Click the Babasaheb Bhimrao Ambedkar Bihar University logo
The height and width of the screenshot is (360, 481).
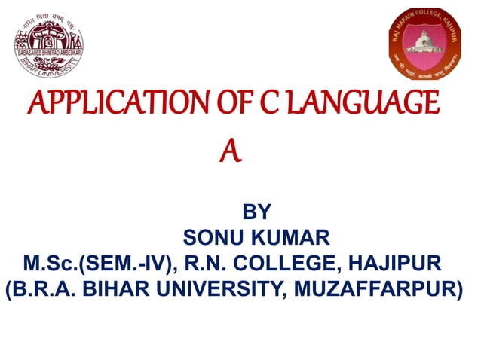click(x=50, y=42)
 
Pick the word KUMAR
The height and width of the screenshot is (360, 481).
click(x=291, y=239)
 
